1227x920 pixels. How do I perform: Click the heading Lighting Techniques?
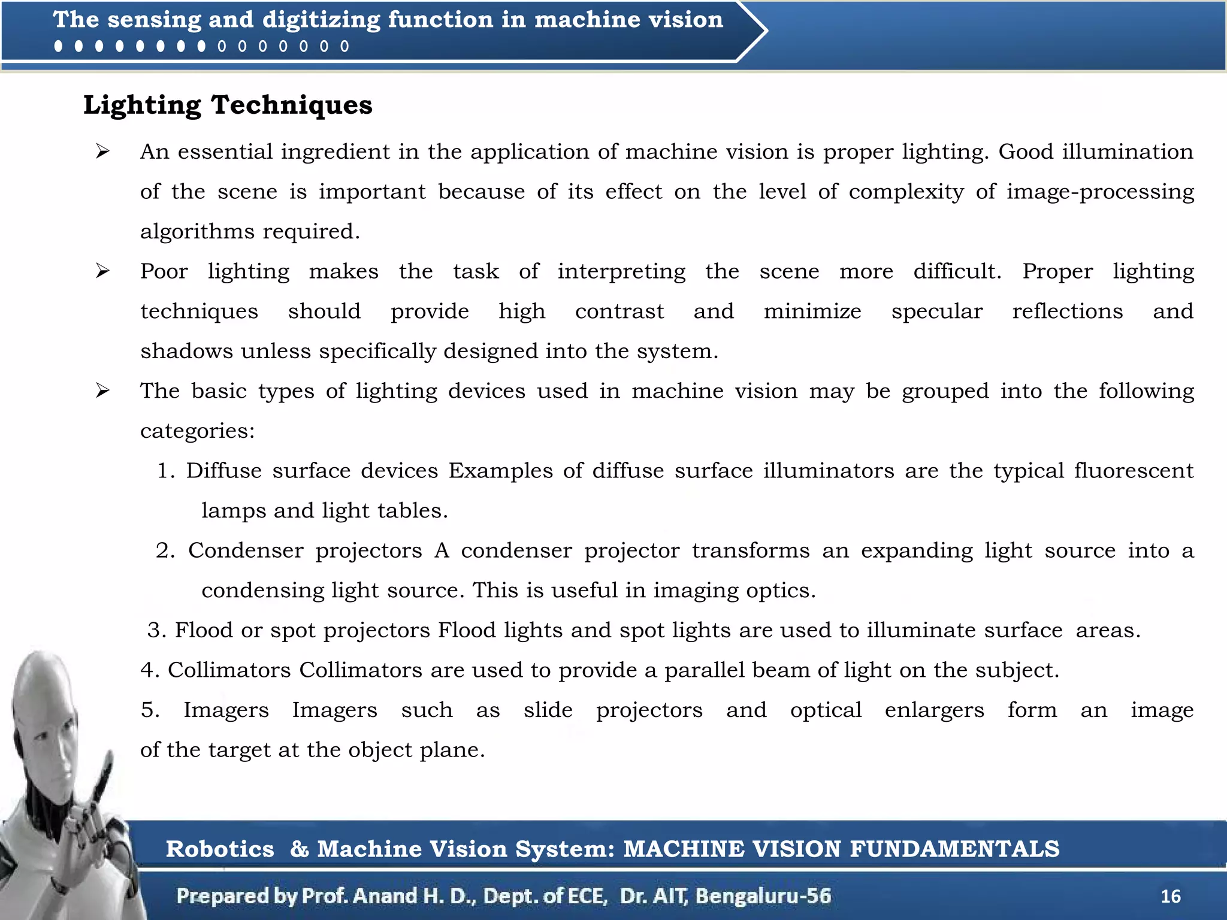point(228,105)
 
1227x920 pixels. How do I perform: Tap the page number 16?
point(1170,896)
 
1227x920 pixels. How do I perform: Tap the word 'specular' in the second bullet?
point(936,311)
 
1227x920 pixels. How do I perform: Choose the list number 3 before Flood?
point(157,630)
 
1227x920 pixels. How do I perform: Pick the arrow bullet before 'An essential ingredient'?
point(102,152)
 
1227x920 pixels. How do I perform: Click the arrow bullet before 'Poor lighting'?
point(102,271)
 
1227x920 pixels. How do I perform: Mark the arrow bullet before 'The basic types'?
point(102,391)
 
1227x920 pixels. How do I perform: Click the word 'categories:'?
point(198,431)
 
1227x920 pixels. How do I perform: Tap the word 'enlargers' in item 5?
point(934,710)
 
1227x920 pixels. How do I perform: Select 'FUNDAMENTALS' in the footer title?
point(954,849)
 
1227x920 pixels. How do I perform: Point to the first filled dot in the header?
point(58,46)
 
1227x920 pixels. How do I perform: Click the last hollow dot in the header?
point(344,46)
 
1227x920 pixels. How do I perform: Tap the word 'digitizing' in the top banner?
point(321,20)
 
